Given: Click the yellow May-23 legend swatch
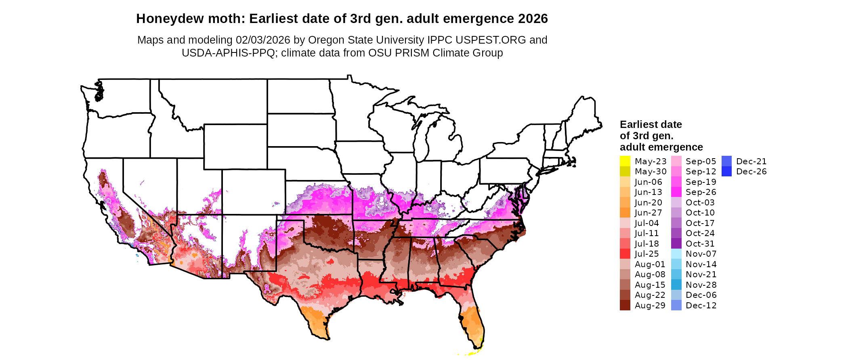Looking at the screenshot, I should [625, 161].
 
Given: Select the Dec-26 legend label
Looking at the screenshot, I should [751, 172].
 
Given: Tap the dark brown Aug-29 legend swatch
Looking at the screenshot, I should [625, 305].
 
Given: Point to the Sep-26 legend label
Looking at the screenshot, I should [701, 192].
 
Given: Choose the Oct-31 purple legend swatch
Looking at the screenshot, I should [676, 243].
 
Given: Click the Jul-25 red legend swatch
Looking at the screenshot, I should [625, 254].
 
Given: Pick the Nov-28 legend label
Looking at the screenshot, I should [701, 285].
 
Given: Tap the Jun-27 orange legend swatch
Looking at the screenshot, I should [625, 213].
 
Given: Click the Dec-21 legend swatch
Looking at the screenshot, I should [726, 161].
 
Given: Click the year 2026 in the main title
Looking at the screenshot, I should [533, 19].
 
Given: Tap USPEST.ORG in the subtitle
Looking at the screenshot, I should [491, 40].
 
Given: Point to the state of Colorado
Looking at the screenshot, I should [253, 192].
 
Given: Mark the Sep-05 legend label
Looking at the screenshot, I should [701, 161].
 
